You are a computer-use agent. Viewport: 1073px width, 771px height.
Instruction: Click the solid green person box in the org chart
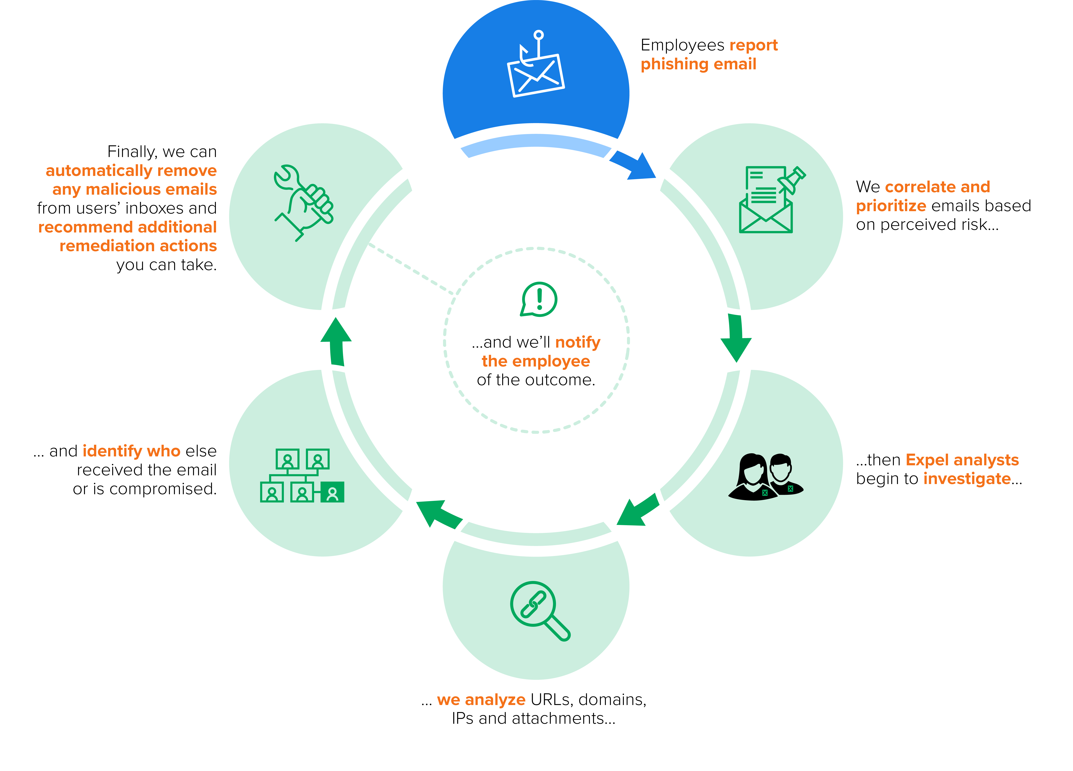point(333,492)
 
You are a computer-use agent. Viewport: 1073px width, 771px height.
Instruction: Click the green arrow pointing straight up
point(336,341)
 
